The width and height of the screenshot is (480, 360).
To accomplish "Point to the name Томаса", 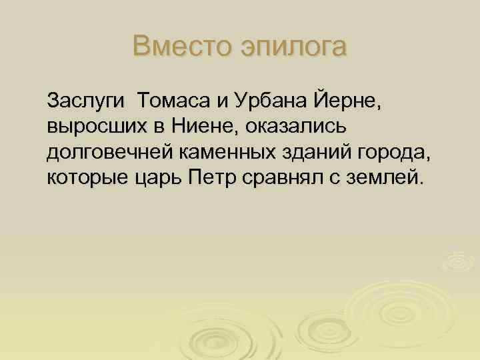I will click(173, 102).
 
